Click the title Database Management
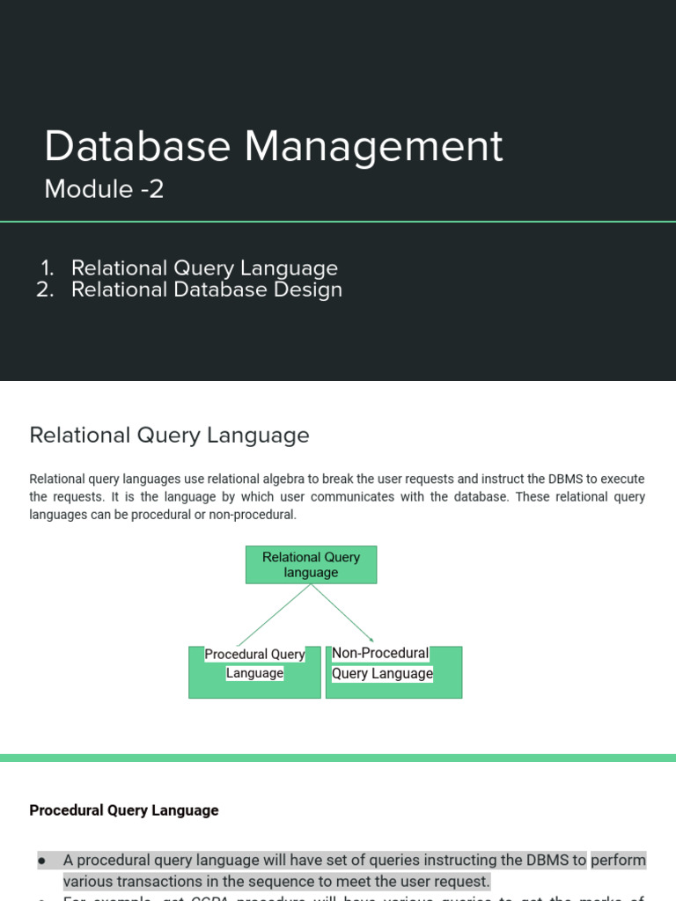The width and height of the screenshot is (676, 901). click(274, 146)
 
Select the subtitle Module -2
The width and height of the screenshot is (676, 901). click(104, 188)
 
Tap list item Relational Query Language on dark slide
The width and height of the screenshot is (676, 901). click(204, 268)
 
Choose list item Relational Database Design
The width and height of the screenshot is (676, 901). click(207, 289)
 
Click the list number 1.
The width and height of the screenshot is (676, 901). click(48, 268)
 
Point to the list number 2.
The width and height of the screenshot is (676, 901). click(46, 289)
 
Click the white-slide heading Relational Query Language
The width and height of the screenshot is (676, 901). click(169, 435)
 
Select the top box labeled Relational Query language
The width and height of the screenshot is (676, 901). click(311, 565)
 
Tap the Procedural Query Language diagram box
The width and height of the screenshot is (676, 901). click(254, 672)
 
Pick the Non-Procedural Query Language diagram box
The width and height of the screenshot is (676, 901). click(393, 672)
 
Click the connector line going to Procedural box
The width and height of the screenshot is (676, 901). click(273, 616)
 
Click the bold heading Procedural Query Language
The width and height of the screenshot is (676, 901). click(124, 810)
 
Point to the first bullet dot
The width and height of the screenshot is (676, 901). click(41, 860)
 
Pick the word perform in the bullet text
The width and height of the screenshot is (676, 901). click(618, 860)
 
